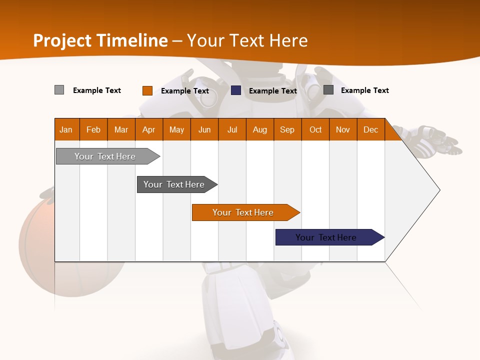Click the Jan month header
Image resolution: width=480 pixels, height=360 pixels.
[x=66, y=129]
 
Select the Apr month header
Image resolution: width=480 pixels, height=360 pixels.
[x=149, y=129]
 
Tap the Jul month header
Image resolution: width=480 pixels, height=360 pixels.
[x=232, y=129]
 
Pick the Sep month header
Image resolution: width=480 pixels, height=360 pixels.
[x=287, y=129]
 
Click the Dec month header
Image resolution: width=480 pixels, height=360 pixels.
[x=370, y=129]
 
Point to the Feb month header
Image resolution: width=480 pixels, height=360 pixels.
[x=93, y=129]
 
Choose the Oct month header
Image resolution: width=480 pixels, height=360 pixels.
[x=315, y=129]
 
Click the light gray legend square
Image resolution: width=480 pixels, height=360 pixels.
[x=59, y=90]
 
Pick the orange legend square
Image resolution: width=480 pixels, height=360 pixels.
[x=147, y=90]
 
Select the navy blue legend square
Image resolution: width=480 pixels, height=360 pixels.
[x=236, y=90]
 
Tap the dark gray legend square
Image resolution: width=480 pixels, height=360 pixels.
[x=328, y=90]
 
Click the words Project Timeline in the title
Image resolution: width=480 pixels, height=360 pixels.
[x=100, y=40]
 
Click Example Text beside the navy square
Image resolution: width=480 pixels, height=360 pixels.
[x=273, y=91]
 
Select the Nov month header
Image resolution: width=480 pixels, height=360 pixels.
[x=343, y=129]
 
